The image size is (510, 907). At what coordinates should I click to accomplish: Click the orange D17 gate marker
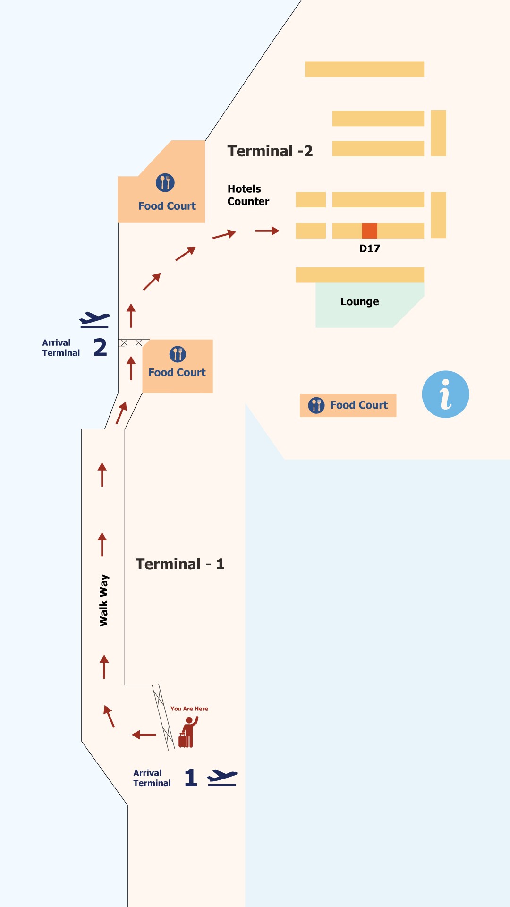click(x=369, y=231)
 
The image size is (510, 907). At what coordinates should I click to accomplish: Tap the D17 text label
click(x=369, y=248)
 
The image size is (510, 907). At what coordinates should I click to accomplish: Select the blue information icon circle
click(x=445, y=394)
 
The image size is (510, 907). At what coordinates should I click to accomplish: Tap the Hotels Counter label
click(x=248, y=195)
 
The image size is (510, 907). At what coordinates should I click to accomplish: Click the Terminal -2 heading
click(x=270, y=151)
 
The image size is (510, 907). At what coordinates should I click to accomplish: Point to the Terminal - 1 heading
click(x=180, y=564)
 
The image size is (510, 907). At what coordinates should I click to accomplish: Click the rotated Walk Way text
click(x=104, y=600)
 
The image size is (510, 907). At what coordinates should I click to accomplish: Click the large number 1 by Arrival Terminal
click(x=190, y=777)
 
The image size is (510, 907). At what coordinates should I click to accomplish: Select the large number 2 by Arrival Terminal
click(x=100, y=347)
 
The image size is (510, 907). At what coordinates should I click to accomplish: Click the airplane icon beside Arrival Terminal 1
click(x=222, y=777)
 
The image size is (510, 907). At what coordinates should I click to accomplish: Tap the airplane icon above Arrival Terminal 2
click(x=94, y=319)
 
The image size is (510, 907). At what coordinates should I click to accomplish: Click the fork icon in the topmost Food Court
click(x=165, y=183)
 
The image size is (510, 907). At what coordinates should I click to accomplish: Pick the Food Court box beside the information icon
click(x=348, y=405)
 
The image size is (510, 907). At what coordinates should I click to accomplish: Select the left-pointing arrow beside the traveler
click(x=144, y=735)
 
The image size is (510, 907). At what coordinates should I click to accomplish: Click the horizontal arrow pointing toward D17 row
click(x=267, y=231)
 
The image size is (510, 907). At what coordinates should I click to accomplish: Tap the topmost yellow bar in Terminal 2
click(x=364, y=69)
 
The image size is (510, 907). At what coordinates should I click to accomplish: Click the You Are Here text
click(x=189, y=709)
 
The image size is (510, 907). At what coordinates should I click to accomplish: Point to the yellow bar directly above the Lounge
click(x=359, y=275)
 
